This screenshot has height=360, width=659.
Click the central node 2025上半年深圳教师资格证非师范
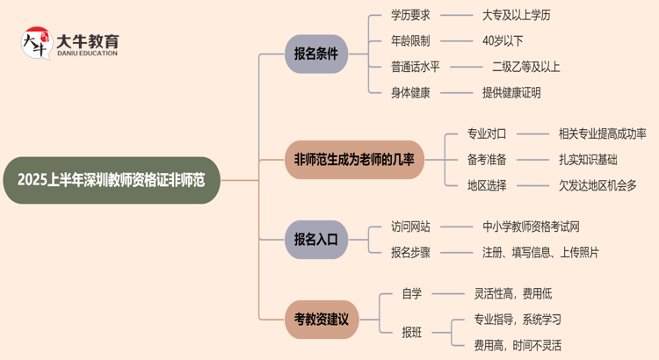coord(111,180)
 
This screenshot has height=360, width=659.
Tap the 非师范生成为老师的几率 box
coord(354,159)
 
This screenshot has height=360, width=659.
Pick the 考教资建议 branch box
coord(322,320)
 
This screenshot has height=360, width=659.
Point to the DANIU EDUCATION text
coord(86,54)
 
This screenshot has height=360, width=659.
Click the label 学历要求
coord(410,15)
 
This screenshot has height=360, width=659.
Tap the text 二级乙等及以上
coord(525,66)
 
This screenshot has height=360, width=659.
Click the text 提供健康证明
coord(511,92)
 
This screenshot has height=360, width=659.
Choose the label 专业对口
coord(487,133)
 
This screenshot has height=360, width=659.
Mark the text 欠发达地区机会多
coord(597,184)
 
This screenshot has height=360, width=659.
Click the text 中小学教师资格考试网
coord(531,227)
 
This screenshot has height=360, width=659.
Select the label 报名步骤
coord(410,253)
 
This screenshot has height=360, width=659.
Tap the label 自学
coord(411,294)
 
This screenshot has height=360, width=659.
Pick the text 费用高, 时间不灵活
coord(518,345)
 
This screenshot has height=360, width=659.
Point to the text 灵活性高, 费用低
coord(513,294)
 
